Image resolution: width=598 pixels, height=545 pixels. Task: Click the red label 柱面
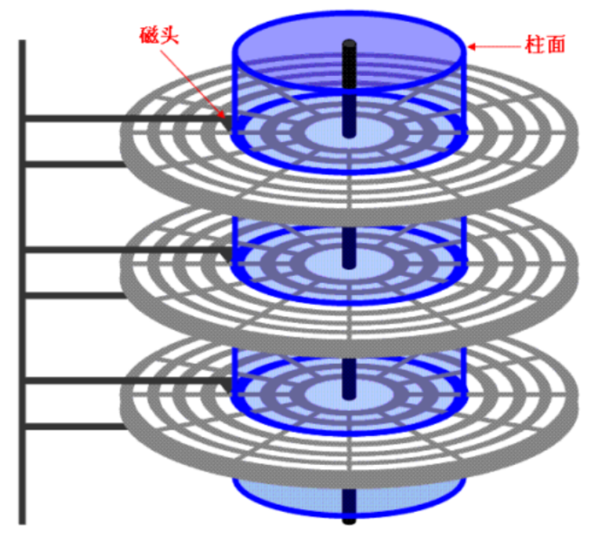[x=545, y=45]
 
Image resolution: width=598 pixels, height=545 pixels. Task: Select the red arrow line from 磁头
[x=194, y=81]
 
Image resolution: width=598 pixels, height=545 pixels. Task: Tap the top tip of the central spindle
[x=349, y=45]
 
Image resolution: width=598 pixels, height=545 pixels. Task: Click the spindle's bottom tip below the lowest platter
[x=349, y=519]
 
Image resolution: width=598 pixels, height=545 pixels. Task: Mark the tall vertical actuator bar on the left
[x=22, y=277]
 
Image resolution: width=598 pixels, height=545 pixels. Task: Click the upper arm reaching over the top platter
[x=123, y=118]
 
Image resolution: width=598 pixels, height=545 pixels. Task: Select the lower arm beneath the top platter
[x=74, y=164]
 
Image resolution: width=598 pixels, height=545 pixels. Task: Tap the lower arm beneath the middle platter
[x=74, y=295]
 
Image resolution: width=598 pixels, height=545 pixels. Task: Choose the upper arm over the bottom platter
[x=123, y=381]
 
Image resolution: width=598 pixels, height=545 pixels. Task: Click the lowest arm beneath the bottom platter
[x=74, y=426]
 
